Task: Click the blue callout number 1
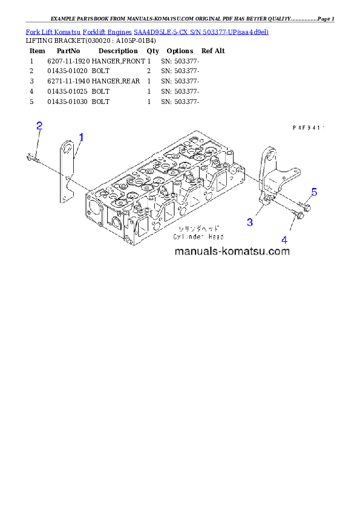(81, 137)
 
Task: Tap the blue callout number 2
(39, 126)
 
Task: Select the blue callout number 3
(250, 222)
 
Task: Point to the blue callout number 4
(284, 238)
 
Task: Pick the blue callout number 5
(314, 192)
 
